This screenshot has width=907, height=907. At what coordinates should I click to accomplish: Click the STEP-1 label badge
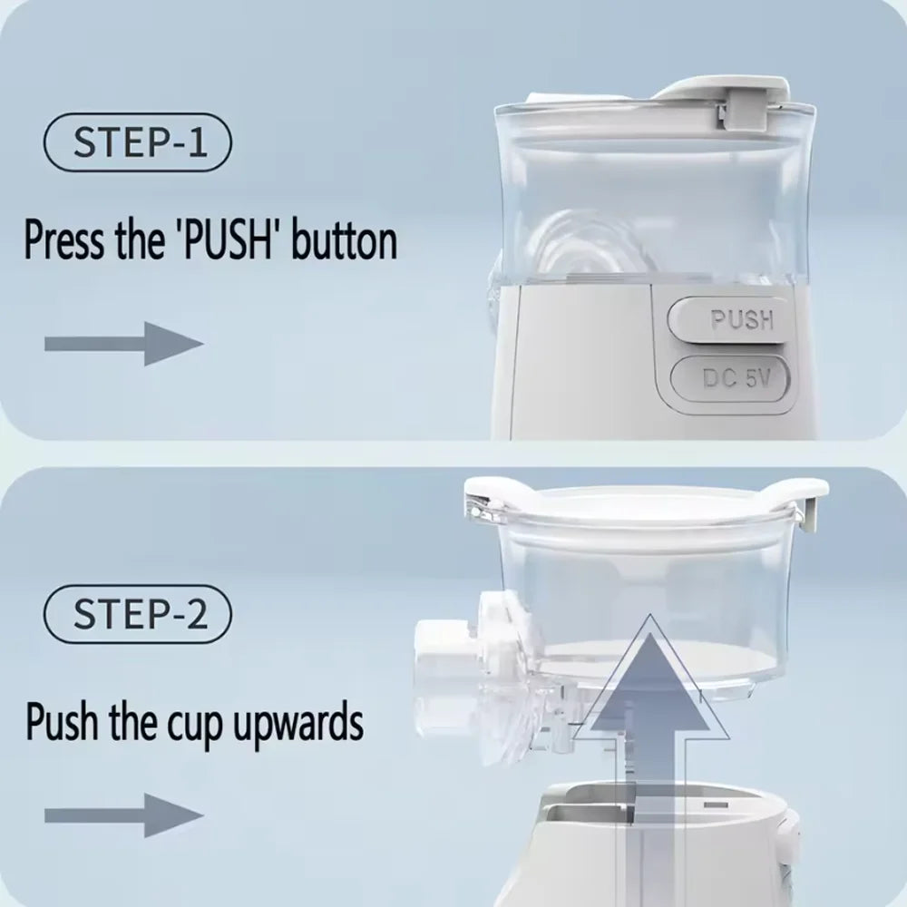tap(138, 143)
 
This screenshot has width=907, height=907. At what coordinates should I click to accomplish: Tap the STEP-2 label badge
tap(138, 614)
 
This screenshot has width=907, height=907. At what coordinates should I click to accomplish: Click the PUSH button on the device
tap(728, 319)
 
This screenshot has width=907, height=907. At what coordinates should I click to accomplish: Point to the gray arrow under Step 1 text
tap(123, 344)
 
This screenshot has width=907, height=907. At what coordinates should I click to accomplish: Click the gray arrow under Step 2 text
tap(123, 814)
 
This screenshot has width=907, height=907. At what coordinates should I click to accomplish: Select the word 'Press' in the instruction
tap(63, 242)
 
